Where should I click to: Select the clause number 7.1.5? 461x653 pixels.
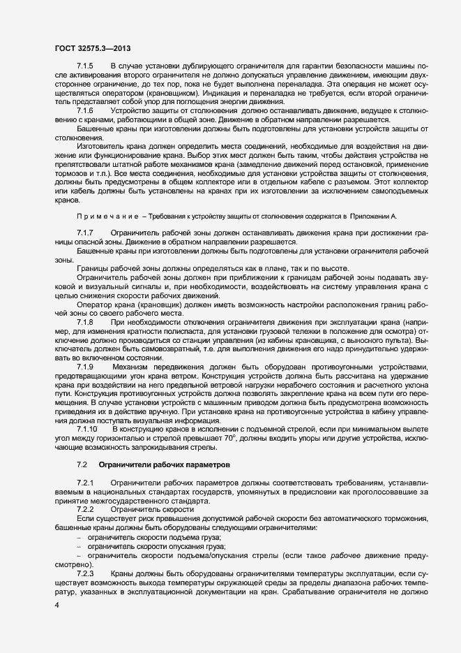[x=85, y=65]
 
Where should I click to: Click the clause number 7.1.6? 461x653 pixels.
[x=85, y=111]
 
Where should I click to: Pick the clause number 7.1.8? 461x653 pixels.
[x=85, y=321]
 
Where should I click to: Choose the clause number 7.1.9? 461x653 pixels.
[x=85, y=367]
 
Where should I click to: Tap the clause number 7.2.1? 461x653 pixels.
[x=85, y=483]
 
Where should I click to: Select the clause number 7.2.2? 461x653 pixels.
[x=85, y=510]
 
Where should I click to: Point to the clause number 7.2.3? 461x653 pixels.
[x=85, y=573]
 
